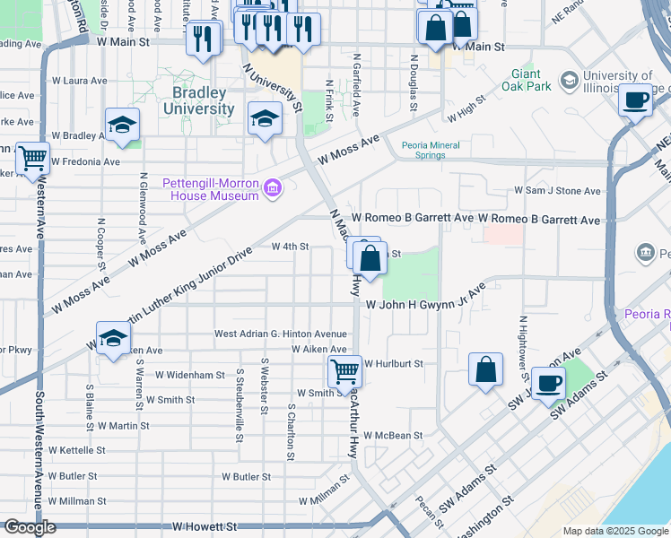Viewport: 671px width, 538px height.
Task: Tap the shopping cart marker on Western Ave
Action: [x=33, y=159]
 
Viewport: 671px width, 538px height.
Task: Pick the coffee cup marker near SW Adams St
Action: [x=549, y=383]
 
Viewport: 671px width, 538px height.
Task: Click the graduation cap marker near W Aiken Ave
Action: [x=113, y=338]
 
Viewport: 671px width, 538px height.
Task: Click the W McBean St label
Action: [x=393, y=436]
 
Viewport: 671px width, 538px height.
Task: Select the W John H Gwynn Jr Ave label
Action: [x=425, y=304]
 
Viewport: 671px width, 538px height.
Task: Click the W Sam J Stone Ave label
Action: [x=556, y=191]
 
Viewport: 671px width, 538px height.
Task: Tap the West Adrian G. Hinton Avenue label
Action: [x=280, y=334]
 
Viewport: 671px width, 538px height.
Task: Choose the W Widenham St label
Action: [x=189, y=375]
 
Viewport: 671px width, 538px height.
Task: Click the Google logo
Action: [x=30, y=527]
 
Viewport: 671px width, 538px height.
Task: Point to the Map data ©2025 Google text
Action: [x=615, y=531]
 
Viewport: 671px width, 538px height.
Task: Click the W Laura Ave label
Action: [x=81, y=81]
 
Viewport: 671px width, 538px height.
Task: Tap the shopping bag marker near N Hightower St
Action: [x=485, y=369]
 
